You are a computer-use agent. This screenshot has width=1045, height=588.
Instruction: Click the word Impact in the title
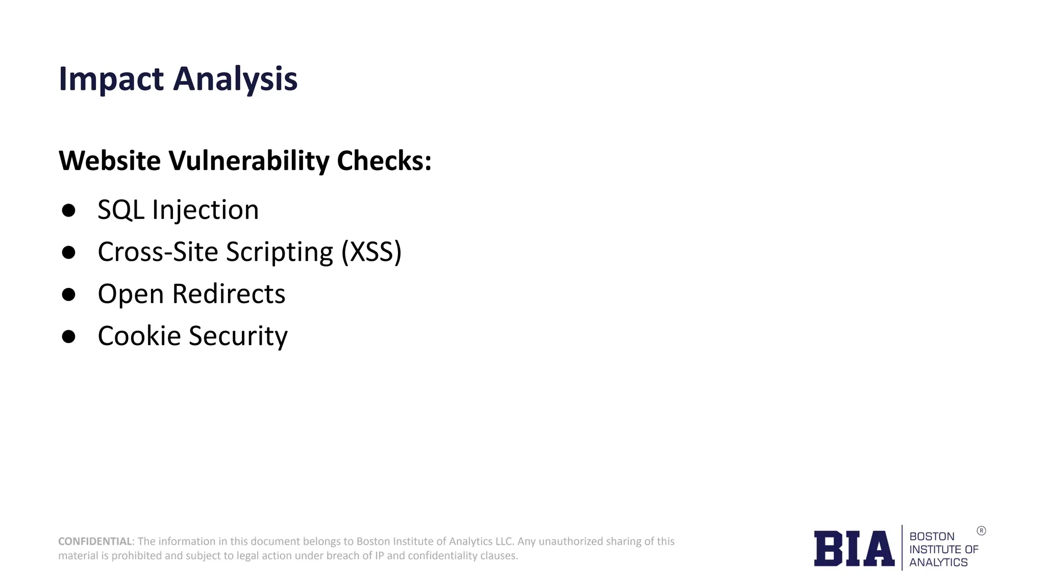pyautogui.click(x=111, y=79)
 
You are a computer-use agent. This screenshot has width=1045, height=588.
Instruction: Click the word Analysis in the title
pyautogui.click(x=235, y=79)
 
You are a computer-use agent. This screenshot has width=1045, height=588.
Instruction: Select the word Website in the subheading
pyautogui.click(x=110, y=160)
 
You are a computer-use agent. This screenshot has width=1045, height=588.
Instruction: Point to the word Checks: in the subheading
pyautogui.click(x=384, y=160)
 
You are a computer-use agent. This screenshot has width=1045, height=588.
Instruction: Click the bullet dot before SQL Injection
pyautogui.click(x=68, y=210)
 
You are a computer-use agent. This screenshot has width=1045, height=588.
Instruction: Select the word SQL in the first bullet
pyautogui.click(x=120, y=210)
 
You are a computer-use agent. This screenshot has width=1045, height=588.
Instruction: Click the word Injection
pyautogui.click(x=206, y=210)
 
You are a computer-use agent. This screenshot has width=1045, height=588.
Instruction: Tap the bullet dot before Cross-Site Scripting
pyautogui.click(x=68, y=252)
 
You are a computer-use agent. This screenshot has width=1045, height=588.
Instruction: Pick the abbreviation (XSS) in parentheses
pyautogui.click(x=371, y=252)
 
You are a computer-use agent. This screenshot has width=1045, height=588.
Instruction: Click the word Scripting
pyautogui.click(x=280, y=252)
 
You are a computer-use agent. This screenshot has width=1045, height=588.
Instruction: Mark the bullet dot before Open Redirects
pyautogui.click(x=68, y=295)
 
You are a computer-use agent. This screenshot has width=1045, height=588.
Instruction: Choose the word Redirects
pyautogui.click(x=229, y=294)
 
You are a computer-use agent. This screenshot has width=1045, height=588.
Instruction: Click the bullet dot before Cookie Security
pyautogui.click(x=68, y=336)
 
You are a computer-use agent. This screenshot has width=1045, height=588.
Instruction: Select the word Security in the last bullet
pyautogui.click(x=238, y=336)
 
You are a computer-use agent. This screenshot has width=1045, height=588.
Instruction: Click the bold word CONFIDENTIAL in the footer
pyautogui.click(x=95, y=541)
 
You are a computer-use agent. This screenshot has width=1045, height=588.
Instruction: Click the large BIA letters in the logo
pyautogui.click(x=854, y=549)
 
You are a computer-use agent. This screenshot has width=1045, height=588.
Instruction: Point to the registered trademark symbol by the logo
pyautogui.click(x=981, y=531)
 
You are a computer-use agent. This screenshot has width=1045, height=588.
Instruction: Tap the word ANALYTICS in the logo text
pyautogui.click(x=938, y=562)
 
